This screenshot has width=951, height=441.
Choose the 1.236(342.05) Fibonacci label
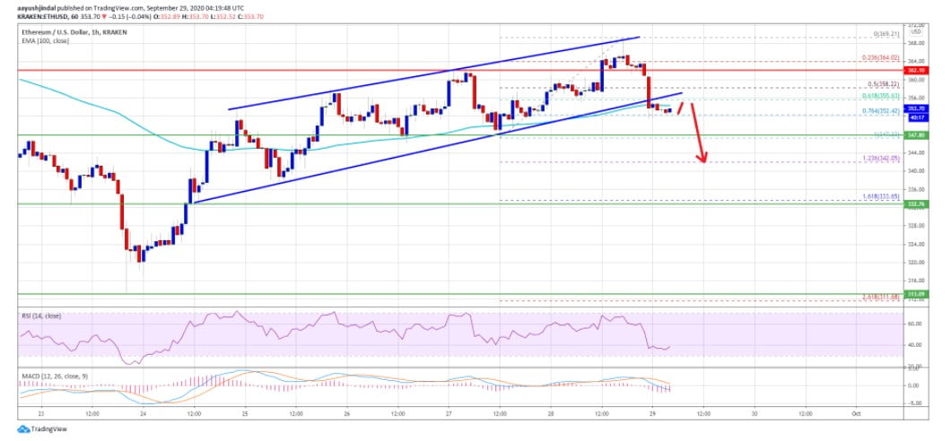point(880,158)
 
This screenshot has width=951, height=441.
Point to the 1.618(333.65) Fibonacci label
point(880,195)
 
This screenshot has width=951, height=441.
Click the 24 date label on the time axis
point(143,413)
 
